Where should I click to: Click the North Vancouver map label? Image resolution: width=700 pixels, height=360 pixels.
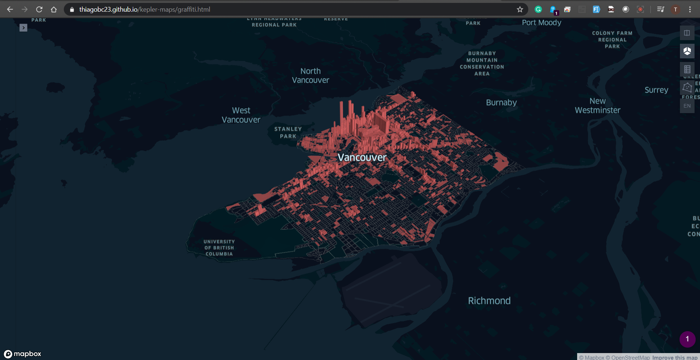click(310, 76)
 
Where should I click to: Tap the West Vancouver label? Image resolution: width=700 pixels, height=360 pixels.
click(241, 115)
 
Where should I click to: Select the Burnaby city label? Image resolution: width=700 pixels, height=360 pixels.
click(501, 102)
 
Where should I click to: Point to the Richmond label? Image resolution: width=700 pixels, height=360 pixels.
click(489, 301)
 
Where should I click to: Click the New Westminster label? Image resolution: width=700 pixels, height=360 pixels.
click(598, 105)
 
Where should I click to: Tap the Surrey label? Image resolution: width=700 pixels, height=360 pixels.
click(656, 90)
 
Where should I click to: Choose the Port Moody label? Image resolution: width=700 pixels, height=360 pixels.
click(541, 23)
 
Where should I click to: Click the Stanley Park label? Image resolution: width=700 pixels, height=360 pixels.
click(288, 132)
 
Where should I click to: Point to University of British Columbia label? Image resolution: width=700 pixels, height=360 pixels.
click(219, 248)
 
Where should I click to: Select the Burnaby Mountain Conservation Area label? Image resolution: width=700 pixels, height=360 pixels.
click(482, 63)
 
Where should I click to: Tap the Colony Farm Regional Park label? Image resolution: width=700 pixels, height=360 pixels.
click(612, 40)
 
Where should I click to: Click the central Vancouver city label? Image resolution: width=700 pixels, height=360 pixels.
click(362, 158)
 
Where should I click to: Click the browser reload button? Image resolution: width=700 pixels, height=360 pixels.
click(39, 9)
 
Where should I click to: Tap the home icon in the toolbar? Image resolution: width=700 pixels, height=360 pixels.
click(54, 9)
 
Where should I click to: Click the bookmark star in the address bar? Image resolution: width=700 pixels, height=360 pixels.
click(520, 9)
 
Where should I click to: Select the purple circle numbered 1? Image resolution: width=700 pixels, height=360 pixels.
click(687, 339)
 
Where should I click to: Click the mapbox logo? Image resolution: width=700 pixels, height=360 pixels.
click(23, 354)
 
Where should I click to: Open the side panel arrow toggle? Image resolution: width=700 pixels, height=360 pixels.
click(23, 28)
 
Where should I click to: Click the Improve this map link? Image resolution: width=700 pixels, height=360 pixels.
click(674, 357)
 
